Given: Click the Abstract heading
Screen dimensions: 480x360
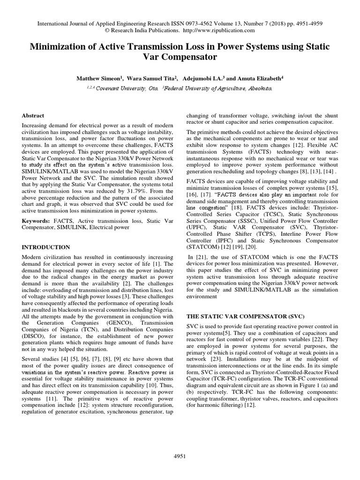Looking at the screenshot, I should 33,115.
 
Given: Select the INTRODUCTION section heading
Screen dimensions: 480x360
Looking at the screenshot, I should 46,247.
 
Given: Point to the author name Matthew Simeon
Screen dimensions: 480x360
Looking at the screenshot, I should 98,79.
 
